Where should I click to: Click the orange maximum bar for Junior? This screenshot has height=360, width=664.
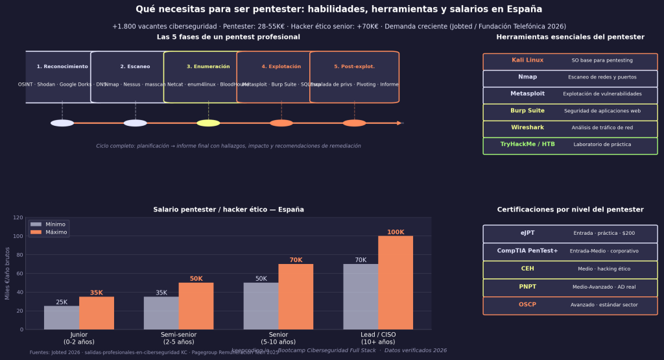97,313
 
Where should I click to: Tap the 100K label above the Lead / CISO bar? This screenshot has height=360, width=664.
396,232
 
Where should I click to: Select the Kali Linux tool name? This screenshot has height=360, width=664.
527,60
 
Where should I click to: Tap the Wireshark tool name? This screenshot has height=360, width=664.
527,128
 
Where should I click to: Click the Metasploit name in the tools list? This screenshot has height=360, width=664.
527,94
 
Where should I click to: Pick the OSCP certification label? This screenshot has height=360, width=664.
527,305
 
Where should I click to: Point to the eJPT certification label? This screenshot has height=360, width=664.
527,233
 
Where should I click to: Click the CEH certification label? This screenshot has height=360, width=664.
527,269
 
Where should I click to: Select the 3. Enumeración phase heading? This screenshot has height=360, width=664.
208,67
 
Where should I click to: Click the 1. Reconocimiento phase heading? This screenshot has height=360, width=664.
62,67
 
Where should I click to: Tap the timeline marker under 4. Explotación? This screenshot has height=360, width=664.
281,123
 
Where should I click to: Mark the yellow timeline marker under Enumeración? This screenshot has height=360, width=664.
208,123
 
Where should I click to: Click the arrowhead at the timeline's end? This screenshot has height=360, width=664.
401,123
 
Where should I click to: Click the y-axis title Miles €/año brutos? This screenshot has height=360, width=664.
8,273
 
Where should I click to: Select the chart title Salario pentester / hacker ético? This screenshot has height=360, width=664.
228,210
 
